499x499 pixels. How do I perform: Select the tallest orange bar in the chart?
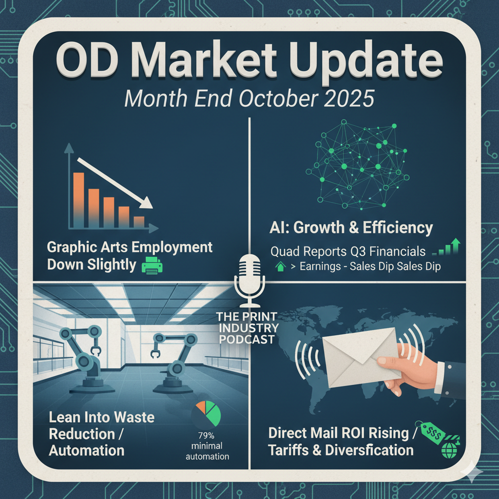[x=78, y=200]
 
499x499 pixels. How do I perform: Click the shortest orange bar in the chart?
[x=139, y=222]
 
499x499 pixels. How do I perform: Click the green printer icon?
[x=152, y=265]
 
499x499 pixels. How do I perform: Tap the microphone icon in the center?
[x=249, y=280]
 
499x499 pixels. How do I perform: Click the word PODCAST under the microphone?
[x=247, y=340]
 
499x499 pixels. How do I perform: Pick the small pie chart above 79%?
[x=206, y=414]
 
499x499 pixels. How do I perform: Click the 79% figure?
[x=206, y=435]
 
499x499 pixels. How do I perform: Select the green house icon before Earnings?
[x=280, y=266]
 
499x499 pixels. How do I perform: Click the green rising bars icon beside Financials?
[x=447, y=247]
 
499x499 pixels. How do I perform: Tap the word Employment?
[x=172, y=248]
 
